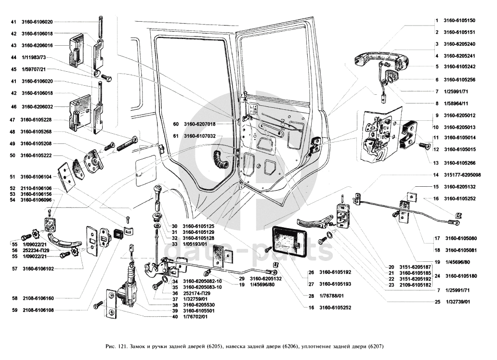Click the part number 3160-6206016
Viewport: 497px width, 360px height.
point(37,46)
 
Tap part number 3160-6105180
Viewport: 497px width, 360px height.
point(461,276)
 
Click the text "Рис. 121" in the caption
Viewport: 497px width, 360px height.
point(115,347)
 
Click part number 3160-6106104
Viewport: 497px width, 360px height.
point(37,177)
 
